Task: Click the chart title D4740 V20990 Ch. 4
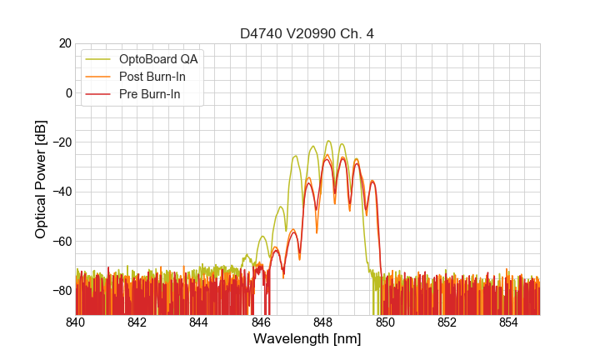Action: tap(307, 33)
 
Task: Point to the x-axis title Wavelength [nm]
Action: tap(307, 340)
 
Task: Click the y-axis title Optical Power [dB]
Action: tap(41, 178)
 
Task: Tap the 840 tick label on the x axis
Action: tap(76, 322)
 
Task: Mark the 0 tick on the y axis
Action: tap(68, 92)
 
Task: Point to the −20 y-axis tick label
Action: tap(61, 142)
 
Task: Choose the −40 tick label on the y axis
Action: tap(61, 192)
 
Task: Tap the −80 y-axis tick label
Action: tap(61, 290)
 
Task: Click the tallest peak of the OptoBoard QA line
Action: tap(328, 141)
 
